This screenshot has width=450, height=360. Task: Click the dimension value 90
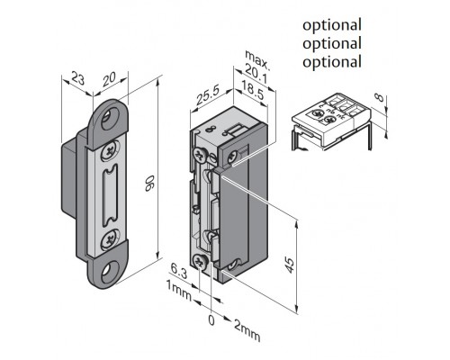point(149,184)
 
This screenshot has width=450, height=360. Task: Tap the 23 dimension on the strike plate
point(78,78)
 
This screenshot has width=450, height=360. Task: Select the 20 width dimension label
point(109,78)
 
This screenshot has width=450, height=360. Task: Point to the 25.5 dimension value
point(208,95)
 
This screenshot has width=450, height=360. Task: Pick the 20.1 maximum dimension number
point(256,75)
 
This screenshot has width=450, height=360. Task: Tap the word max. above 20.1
point(257,59)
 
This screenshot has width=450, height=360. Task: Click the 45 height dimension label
point(289,265)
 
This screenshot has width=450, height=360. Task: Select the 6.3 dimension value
point(179,271)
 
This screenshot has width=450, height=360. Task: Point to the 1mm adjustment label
point(178,291)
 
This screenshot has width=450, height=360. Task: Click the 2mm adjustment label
point(247,330)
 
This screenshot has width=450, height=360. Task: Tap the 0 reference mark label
point(211,320)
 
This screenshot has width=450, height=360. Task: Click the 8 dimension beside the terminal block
point(380,98)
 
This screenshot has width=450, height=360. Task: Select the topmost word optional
point(332,25)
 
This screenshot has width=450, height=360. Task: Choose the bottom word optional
point(332,62)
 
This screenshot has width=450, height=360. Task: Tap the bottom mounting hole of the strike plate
point(108,271)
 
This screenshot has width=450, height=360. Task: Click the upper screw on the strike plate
point(109,152)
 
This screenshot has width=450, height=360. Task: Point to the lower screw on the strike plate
point(108,239)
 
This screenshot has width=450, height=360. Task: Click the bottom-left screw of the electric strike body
point(200,262)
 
